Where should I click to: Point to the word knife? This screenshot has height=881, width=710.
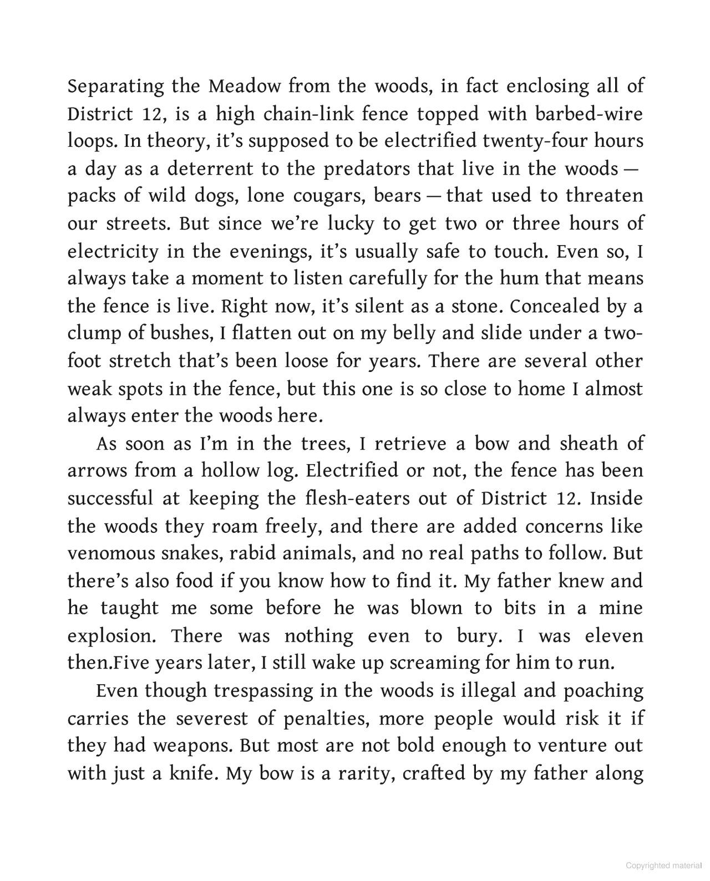point(192,773)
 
